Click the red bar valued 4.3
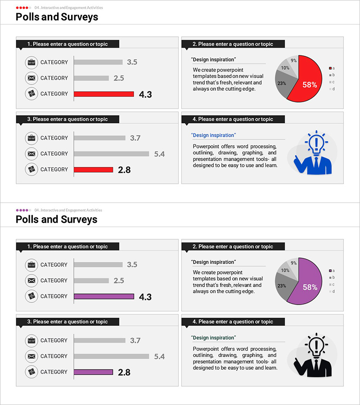tap(104, 94)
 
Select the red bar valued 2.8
tap(94, 170)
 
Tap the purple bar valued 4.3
tap(104, 297)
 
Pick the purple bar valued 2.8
tap(94, 372)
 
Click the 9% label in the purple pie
tap(293, 263)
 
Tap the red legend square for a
tap(330, 68)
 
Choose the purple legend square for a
tap(330, 270)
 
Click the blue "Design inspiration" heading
tap(213, 135)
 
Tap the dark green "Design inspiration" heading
tap(213, 337)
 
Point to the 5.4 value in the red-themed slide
tap(159, 154)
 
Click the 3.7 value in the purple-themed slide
tap(135, 341)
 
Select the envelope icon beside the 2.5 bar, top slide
tap(31, 78)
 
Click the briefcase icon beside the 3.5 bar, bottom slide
tap(31, 265)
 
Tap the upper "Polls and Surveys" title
tap(57, 17)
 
